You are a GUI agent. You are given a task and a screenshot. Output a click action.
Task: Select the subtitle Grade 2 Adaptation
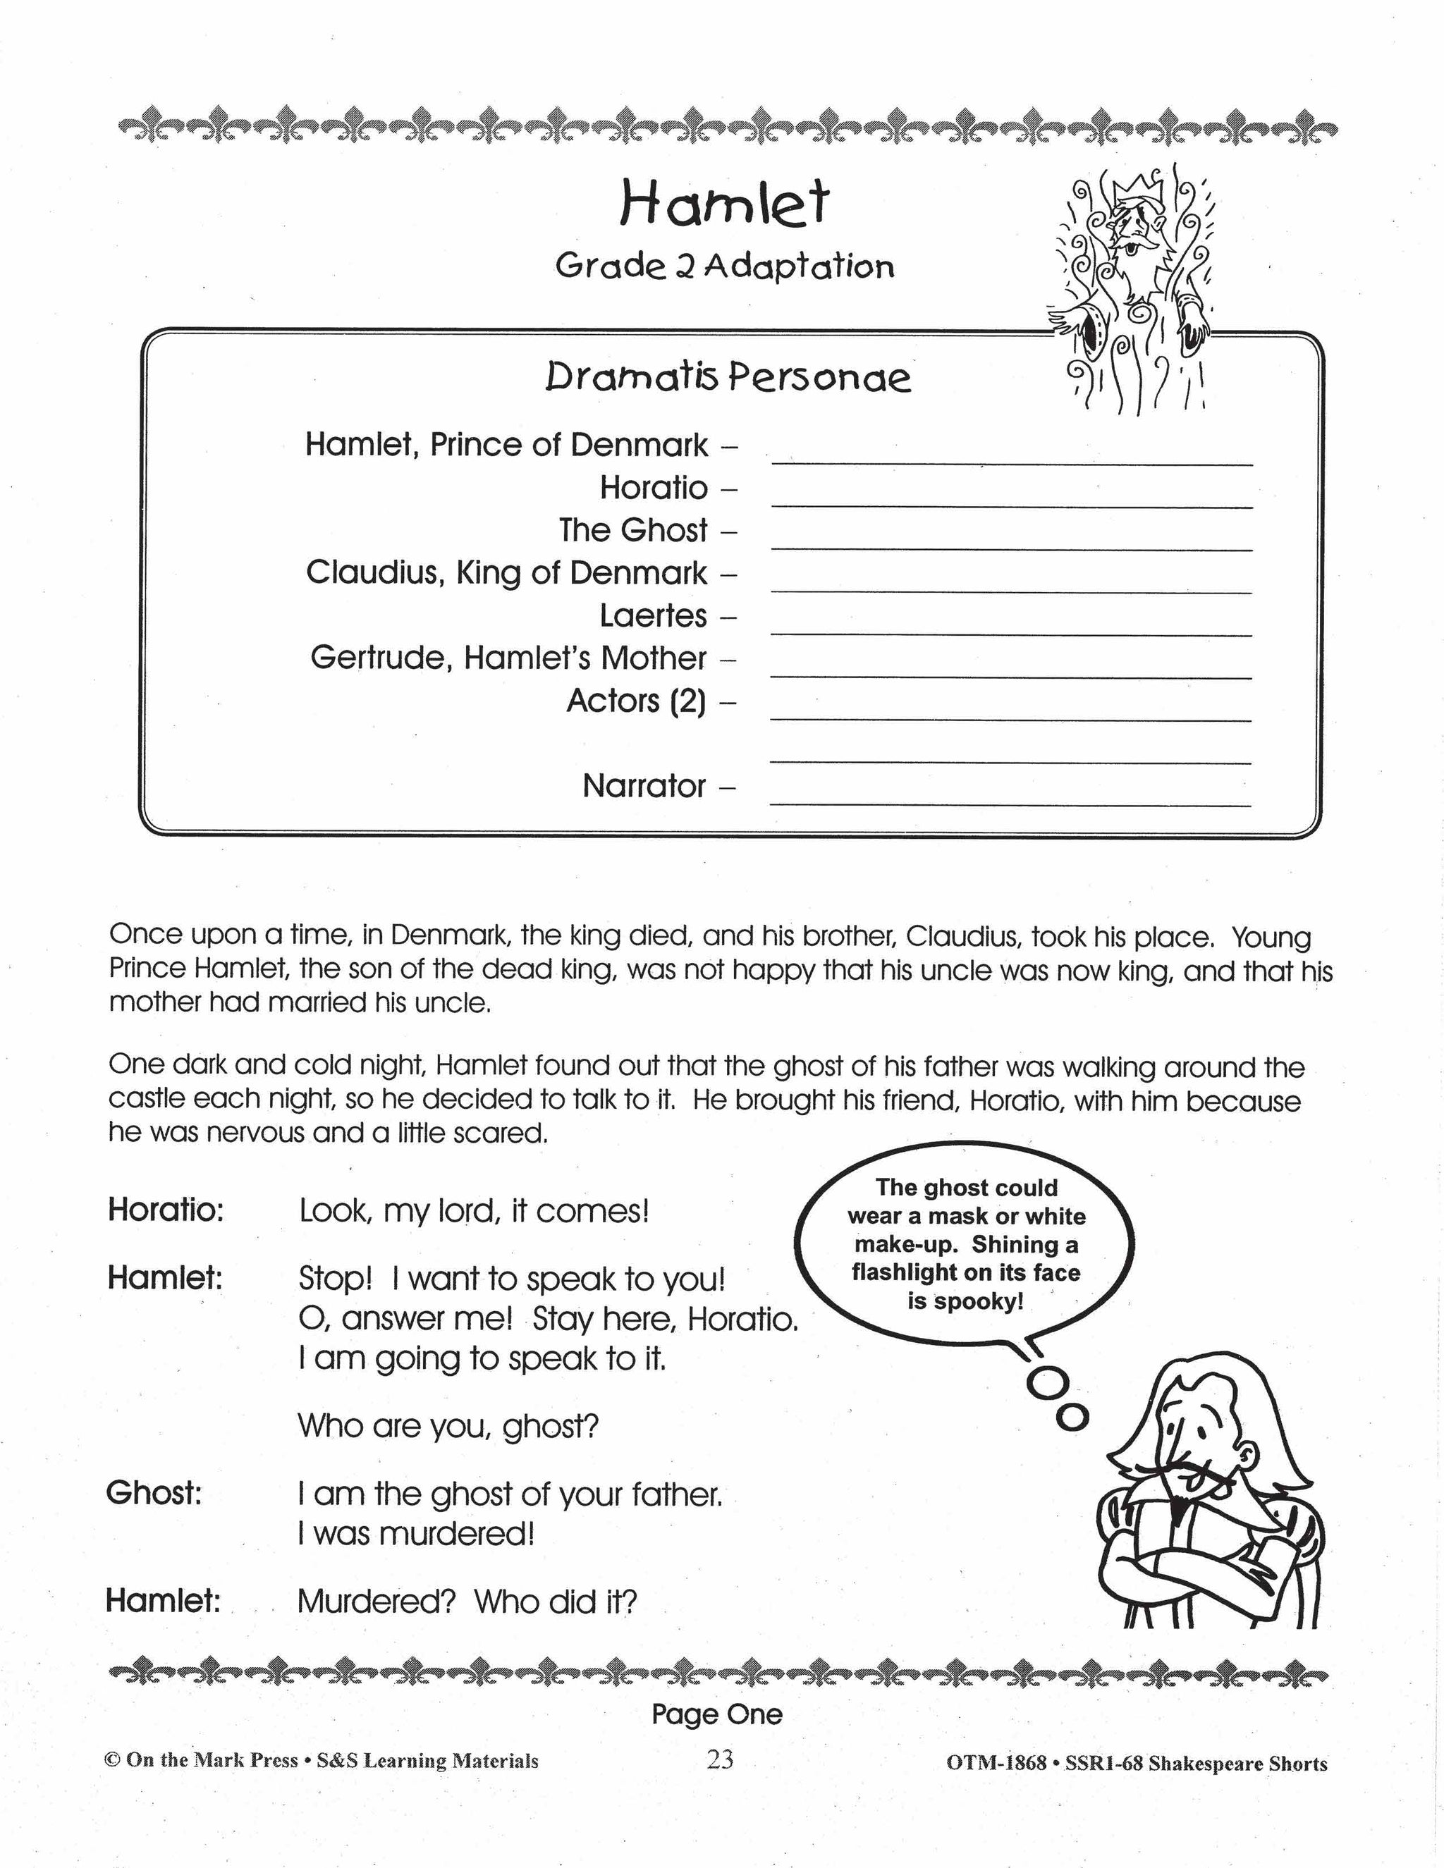(725, 267)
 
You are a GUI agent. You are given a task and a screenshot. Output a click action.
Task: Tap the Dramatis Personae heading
(728, 377)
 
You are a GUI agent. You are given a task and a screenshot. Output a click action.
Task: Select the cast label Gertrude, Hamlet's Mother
(508, 658)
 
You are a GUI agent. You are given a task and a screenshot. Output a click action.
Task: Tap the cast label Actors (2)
(637, 701)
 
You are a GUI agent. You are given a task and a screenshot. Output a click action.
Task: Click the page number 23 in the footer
(721, 1759)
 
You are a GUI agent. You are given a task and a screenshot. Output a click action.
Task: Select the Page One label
(717, 1714)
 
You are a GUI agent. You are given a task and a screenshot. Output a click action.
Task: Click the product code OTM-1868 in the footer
(996, 1763)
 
